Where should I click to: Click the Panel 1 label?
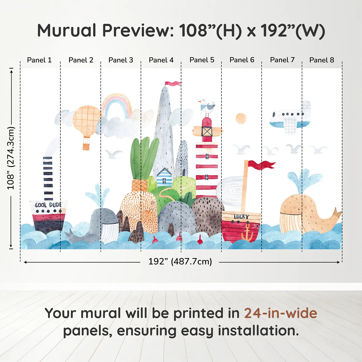(39, 60)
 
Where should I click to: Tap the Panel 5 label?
(202, 60)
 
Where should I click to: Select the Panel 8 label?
(322, 60)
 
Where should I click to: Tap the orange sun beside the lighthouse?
(241, 118)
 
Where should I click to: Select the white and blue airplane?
(290, 117)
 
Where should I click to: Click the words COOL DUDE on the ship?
(48, 205)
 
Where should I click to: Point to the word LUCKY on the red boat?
(242, 217)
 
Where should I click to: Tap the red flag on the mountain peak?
(173, 84)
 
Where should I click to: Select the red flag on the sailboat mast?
(261, 165)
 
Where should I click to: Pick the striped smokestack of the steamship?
(48, 178)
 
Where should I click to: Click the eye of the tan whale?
(298, 209)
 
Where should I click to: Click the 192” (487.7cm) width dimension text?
(180, 262)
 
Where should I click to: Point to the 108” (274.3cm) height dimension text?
(11, 158)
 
